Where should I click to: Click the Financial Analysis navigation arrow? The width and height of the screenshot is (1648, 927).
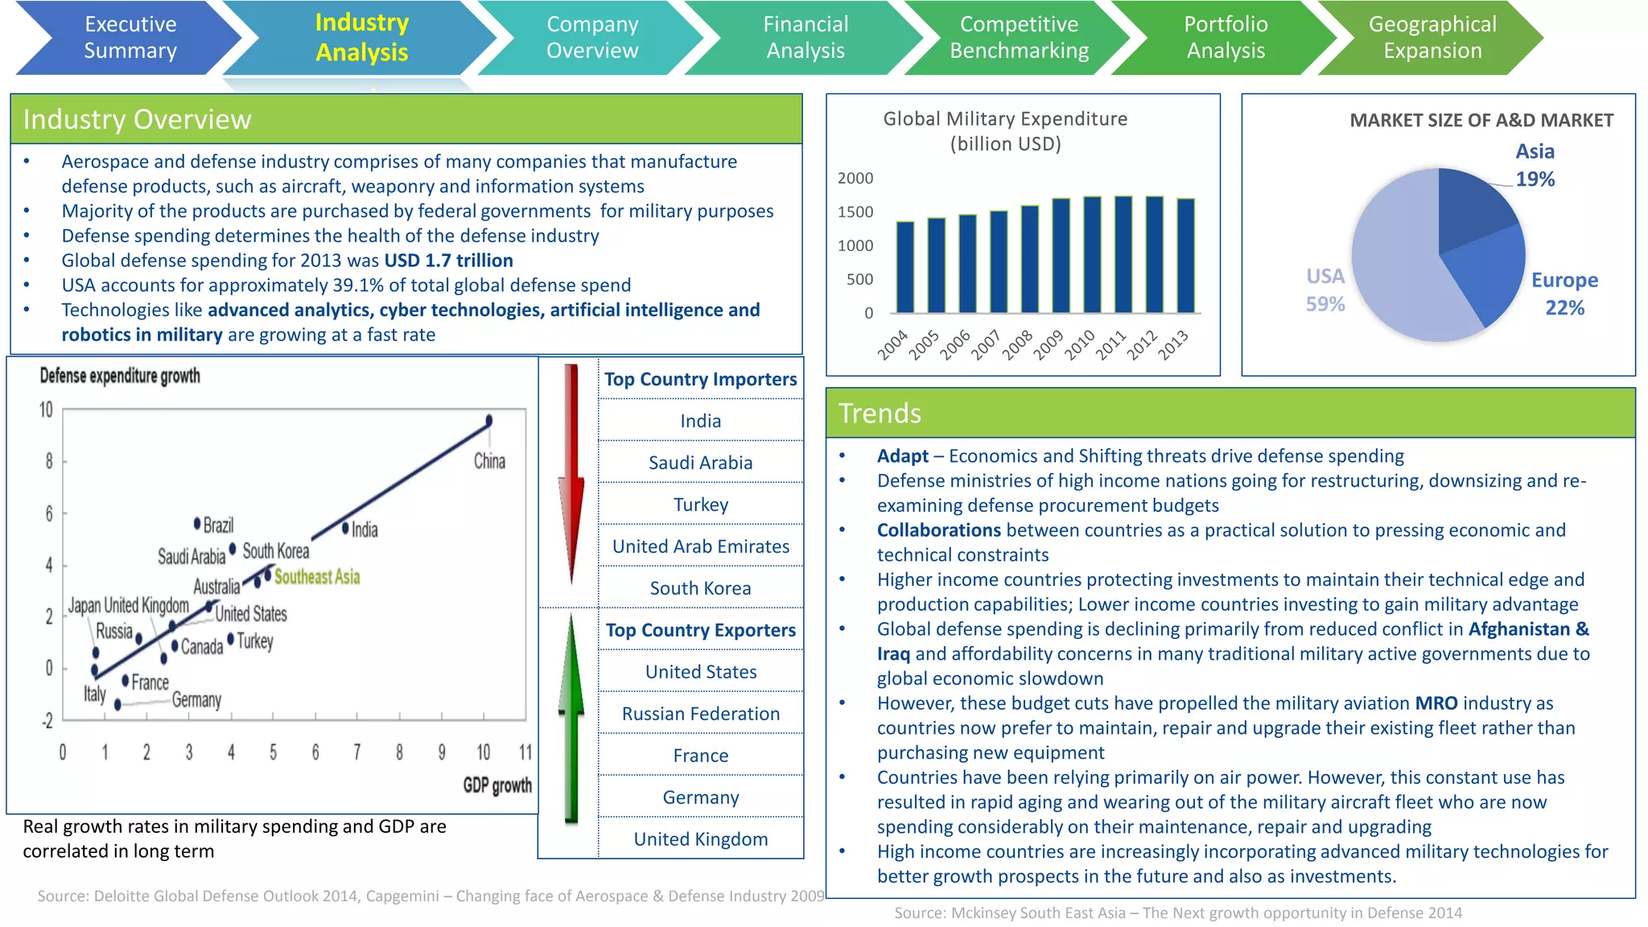[x=805, y=38]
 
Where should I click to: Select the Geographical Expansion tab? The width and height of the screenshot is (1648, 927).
[x=1432, y=38]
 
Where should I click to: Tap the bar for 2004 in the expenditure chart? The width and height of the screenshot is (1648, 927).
[x=905, y=267]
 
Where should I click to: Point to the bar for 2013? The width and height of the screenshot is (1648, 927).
[x=1185, y=255]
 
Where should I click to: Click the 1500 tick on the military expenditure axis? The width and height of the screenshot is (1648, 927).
[x=855, y=212]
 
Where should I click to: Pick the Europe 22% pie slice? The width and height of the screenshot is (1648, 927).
[x=1485, y=274]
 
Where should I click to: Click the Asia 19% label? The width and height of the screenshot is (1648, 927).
[x=1535, y=165]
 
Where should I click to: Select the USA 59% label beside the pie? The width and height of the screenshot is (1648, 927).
[x=1325, y=290]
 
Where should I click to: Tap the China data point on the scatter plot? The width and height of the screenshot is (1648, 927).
[x=488, y=421]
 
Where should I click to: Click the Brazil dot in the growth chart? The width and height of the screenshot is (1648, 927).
[x=197, y=524]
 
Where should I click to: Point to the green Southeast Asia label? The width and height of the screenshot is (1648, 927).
[x=317, y=577]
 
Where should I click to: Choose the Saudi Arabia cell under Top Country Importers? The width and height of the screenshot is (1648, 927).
[x=701, y=463]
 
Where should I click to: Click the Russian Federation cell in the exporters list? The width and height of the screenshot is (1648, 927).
[x=701, y=714]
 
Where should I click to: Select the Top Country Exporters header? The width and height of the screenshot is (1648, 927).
[x=701, y=630]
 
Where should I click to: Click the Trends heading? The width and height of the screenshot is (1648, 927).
[x=880, y=413]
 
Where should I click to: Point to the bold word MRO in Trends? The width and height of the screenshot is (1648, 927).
[x=1436, y=703]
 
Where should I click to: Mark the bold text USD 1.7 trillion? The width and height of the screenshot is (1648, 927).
[x=448, y=261]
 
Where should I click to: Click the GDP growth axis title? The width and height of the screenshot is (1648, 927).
[x=497, y=785]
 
